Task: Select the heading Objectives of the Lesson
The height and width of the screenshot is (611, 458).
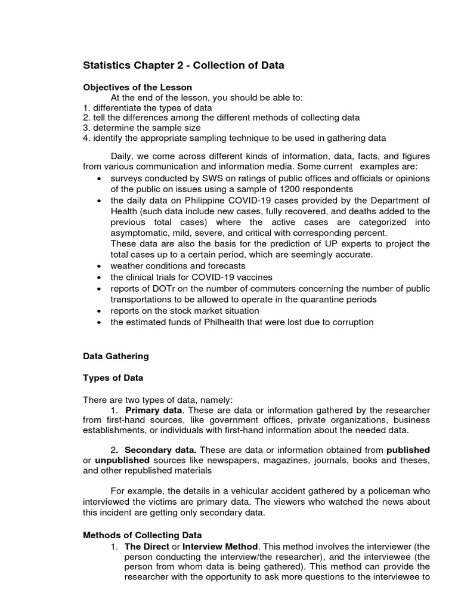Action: (x=130, y=87)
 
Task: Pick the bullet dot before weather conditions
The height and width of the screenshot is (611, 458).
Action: (x=98, y=266)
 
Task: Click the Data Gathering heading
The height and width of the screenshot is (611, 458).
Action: (x=116, y=356)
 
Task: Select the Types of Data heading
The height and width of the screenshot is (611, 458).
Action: (x=113, y=378)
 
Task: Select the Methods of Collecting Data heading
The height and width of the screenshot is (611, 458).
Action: (x=142, y=535)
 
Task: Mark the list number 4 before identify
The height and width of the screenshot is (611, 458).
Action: (x=86, y=138)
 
